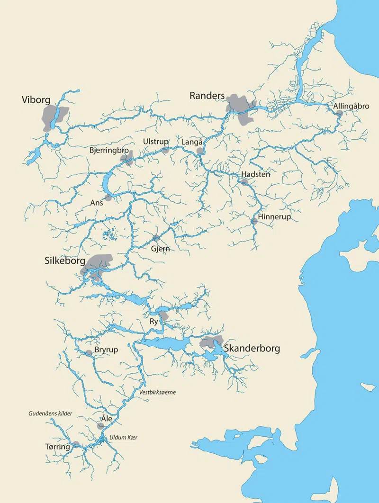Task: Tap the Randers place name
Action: point(207,96)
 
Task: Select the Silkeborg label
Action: point(64,261)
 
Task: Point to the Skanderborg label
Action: point(252,349)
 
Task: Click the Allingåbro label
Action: point(351,106)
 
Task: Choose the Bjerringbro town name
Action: point(109,150)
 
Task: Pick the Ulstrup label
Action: point(155,141)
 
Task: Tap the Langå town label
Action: point(192,142)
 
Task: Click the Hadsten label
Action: point(256,174)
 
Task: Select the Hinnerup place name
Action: point(274,217)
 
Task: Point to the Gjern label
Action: point(160,249)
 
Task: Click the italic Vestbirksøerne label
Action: point(158,392)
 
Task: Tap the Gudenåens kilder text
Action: point(50,413)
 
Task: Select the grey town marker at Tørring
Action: point(76,445)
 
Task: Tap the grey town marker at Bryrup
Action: point(89,353)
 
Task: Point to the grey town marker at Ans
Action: point(108,198)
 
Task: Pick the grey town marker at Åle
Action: point(100,426)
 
